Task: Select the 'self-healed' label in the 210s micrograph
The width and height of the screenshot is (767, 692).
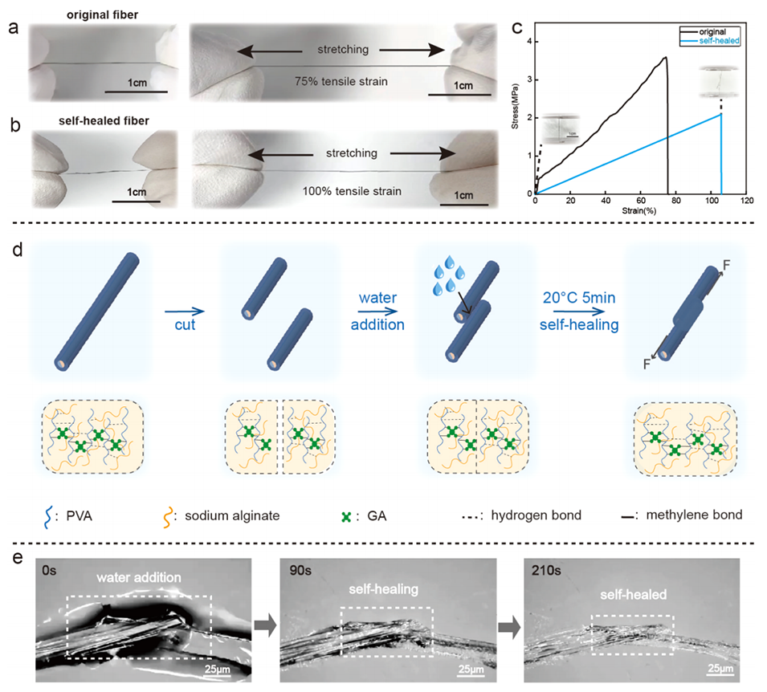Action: point(630,596)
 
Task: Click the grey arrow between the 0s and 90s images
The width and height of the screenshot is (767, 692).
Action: point(263,623)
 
